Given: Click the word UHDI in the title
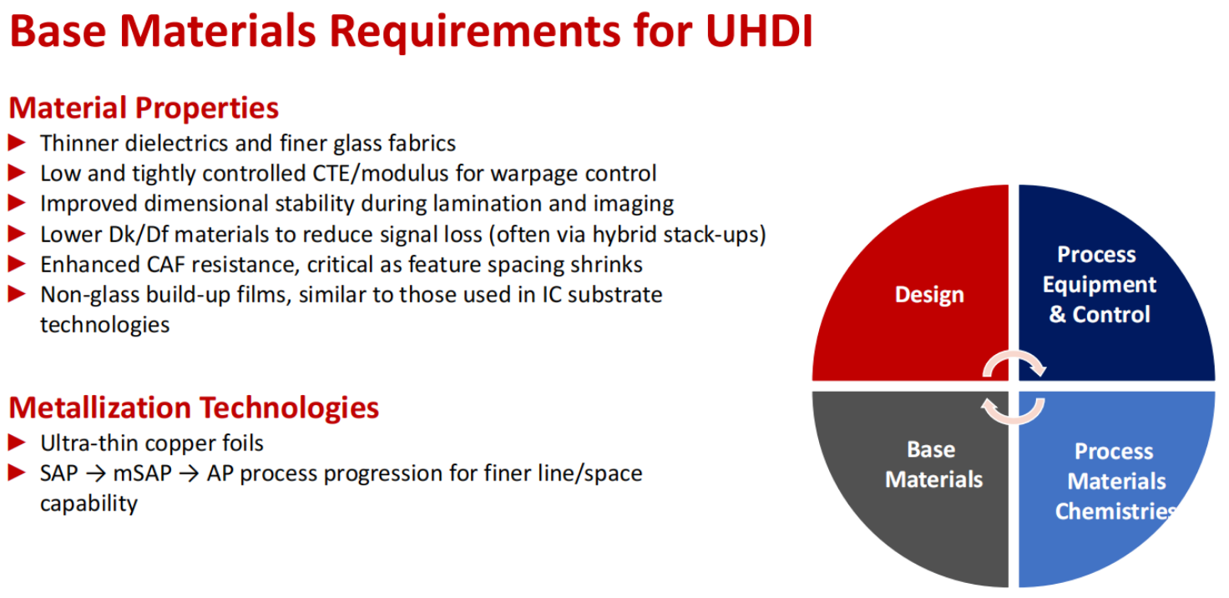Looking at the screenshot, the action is point(759,30).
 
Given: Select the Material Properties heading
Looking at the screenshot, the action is point(144,108).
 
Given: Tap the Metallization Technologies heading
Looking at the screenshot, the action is point(194,408).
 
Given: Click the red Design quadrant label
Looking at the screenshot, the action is point(929,295).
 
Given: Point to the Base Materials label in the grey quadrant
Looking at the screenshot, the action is point(933,464).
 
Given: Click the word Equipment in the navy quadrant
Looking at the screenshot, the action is point(1100,285).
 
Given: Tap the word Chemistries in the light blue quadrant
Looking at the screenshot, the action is point(1115,511).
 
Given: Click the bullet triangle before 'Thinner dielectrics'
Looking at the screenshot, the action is point(17,143).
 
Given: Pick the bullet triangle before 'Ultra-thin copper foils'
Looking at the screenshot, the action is point(17,443).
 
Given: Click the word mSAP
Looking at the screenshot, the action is point(142,474).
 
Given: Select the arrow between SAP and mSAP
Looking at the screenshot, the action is point(96,474).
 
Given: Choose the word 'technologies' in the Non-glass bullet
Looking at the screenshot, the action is point(105,325).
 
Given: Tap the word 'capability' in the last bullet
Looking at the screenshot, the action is point(89,504).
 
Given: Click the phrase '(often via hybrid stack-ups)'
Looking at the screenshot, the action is point(627,235).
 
